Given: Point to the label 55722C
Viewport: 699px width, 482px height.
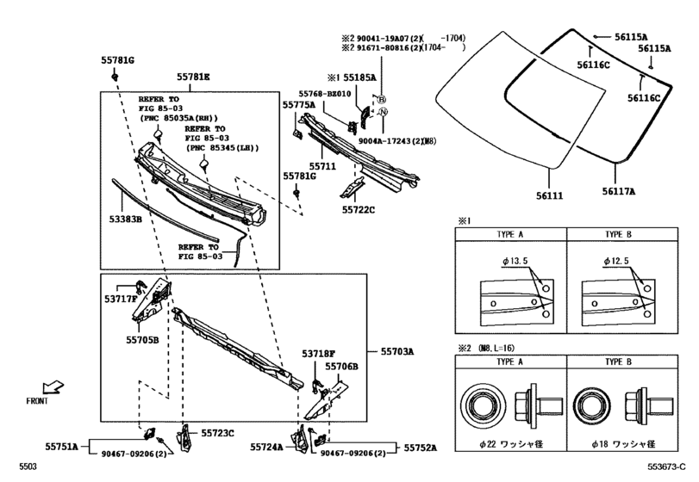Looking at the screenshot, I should click(359, 209).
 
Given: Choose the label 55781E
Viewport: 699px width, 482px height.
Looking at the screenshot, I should click(193, 77).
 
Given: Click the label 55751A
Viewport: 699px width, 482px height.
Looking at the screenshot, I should click(61, 447).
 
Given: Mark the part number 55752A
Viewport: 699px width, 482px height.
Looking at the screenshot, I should click(419, 447).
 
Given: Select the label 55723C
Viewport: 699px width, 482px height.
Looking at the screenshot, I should click(218, 433).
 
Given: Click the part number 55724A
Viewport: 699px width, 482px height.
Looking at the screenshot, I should click(267, 447).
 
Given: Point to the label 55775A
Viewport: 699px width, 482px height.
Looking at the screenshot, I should click(299, 104).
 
